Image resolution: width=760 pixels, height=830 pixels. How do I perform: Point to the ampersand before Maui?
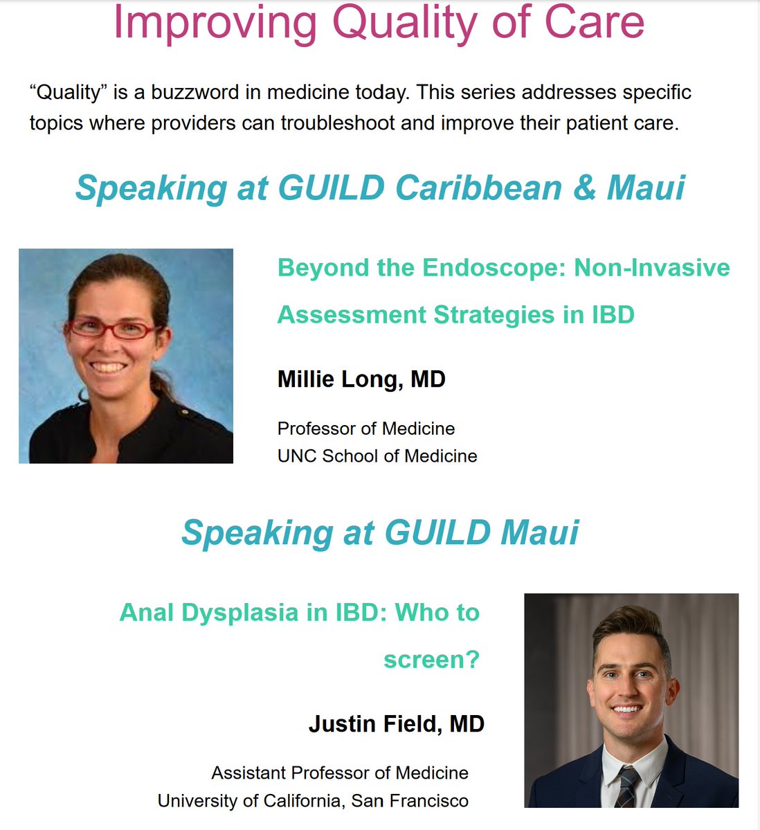pyautogui.click(x=584, y=188)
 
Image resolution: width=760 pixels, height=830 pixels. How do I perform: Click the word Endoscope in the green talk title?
pyautogui.click(x=494, y=267)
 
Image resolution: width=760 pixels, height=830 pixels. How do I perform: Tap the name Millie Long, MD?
pyautogui.click(x=361, y=379)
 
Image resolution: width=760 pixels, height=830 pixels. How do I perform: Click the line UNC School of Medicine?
pyautogui.click(x=377, y=455)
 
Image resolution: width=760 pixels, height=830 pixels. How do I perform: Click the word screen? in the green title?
pyautogui.click(x=431, y=659)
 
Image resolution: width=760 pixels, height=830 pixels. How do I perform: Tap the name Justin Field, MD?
pyautogui.click(x=396, y=724)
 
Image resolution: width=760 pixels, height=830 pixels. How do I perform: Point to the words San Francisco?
pyautogui.click(x=410, y=801)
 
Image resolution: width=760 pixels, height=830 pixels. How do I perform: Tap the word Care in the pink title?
pyautogui.click(x=601, y=22)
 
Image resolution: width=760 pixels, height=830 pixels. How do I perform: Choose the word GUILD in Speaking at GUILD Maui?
pyautogui.click(x=437, y=532)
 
